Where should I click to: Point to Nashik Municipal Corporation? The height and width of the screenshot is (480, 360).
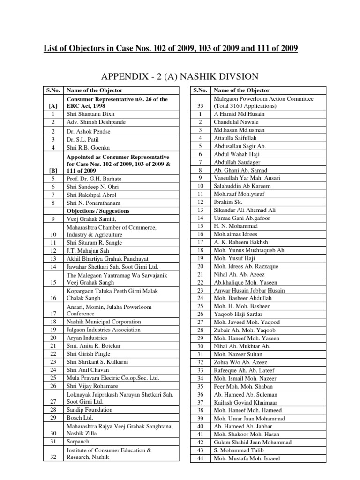[x=104, y=322]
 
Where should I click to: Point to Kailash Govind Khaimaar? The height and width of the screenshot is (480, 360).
[x=244, y=402]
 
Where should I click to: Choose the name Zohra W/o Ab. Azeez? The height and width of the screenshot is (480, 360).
[x=240, y=362]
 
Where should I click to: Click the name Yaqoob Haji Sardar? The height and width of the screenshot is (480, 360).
[x=238, y=314]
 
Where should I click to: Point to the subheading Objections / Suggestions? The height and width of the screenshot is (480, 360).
[x=98, y=211]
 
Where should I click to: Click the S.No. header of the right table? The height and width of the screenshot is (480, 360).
[x=200, y=90]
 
